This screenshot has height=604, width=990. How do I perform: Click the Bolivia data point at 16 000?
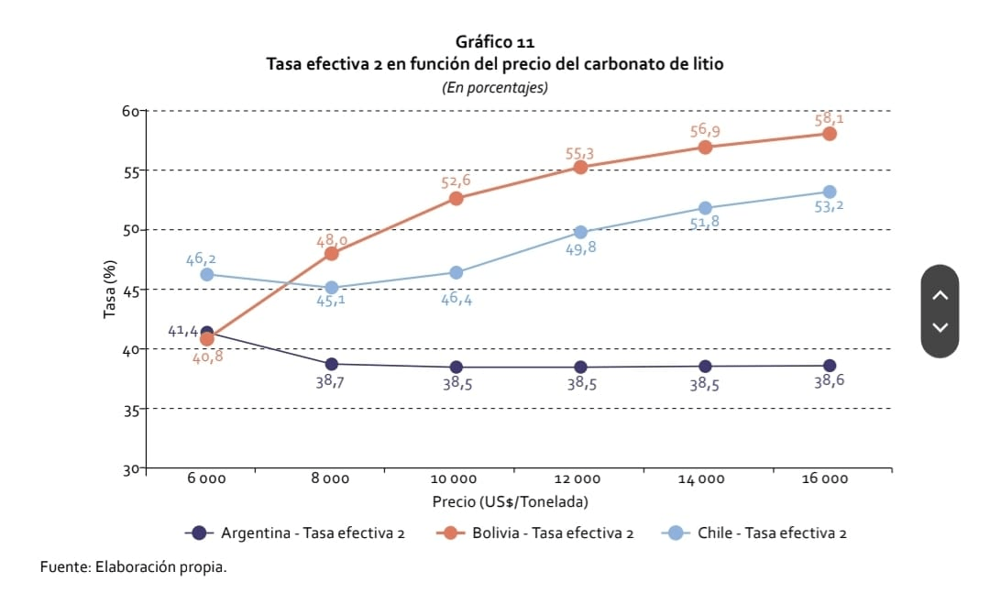(830, 133)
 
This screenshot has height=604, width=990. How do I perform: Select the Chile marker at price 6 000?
(207, 274)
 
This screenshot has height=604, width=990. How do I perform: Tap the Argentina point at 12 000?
(580, 367)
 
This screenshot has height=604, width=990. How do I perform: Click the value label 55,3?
(579, 153)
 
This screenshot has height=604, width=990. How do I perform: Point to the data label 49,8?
(580, 247)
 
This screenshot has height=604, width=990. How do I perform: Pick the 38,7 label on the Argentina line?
(331, 381)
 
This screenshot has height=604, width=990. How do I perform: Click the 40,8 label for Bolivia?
(207, 357)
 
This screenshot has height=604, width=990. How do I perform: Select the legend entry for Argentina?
(295, 533)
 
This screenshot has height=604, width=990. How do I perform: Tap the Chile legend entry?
(753, 533)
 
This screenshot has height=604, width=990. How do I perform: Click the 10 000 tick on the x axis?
(455, 478)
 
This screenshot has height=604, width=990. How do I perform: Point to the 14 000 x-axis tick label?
(701, 478)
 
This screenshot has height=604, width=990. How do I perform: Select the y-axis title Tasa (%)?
(111, 290)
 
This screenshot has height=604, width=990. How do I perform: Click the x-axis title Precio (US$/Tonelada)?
(510, 501)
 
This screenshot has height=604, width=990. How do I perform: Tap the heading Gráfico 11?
(494, 42)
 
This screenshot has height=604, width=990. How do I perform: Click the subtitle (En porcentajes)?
(494, 88)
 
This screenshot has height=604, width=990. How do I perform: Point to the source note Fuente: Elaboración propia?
(133, 567)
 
